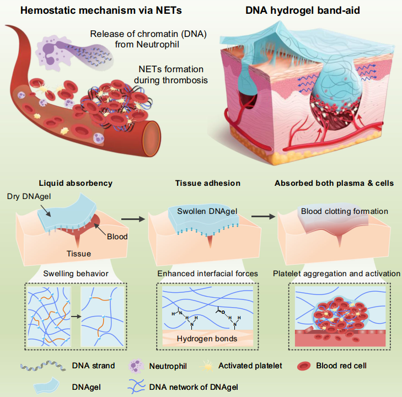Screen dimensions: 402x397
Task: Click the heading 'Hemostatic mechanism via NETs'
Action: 101,10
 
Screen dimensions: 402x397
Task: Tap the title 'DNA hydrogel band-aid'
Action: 303,10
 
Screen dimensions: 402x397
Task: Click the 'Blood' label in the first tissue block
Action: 117,237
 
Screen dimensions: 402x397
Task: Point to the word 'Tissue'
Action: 79,254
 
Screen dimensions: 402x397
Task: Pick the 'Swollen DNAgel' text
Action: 207,211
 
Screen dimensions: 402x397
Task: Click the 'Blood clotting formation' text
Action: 344,211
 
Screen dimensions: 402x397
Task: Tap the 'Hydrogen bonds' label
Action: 207,339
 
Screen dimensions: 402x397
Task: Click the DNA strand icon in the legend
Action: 43,366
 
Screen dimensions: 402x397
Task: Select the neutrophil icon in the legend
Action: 136,366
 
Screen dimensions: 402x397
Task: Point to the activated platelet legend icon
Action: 207,366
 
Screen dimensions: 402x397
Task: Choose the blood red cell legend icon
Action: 304,366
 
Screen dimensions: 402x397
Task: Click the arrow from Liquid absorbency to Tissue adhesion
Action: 133,219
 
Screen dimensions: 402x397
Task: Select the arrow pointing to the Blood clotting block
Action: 263,217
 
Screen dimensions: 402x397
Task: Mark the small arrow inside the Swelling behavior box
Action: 76,316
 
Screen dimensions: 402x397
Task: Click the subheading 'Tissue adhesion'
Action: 208,183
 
